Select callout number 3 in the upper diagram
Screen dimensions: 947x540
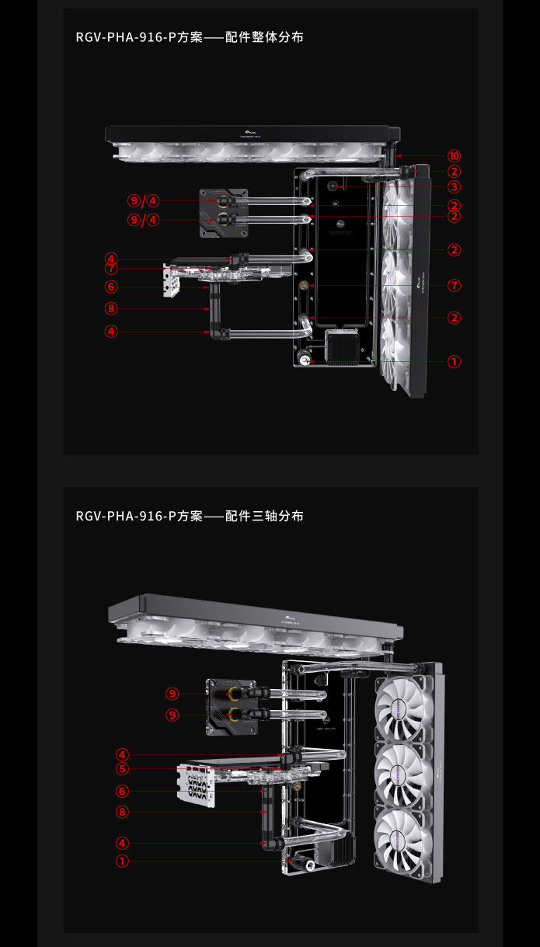click(454, 186)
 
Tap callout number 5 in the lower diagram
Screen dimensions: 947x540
click(122, 769)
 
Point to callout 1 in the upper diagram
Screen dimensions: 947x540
click(454, 361)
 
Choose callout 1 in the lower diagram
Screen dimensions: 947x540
click(122, 861)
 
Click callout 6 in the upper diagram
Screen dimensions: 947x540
click(112, 287)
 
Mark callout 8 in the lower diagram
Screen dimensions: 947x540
click(122, 812)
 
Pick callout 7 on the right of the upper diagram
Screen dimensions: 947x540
click(454, 286)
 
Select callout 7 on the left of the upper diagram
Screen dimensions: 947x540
click(112, 269)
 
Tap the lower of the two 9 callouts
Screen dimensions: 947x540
click(172, 715)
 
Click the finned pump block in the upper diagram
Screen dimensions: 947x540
click(341, 346)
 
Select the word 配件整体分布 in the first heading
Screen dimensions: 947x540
click(264, 37)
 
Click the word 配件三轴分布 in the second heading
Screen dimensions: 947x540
click(264, 517)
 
